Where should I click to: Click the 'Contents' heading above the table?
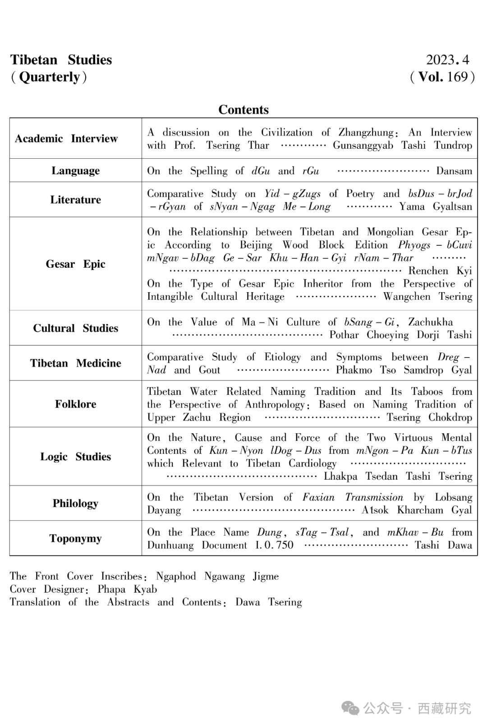pyautogui.click(x=243, y=110)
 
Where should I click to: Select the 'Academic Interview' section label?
pyautogui.click(x=66, y=138)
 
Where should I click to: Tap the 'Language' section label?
pyautogui.click(x=75, y=170)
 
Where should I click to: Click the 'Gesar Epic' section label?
pyautogui.click(x=75, y=264)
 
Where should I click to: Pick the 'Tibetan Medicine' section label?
pyautogui.click(x=75, y=363)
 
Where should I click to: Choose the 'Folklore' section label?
pyautogui.click(x=75, y=404)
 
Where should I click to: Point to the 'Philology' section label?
pyautogui.click(x=75, y=503)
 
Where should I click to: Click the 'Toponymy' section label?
pyautogui.click(x=75, y=538)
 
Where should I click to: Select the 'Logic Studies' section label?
pyautogui.click(x=75, y=457)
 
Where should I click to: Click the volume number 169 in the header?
pyautogui.click(x=457, y=77)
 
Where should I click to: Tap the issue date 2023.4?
pyautogui.click(x=447, y=60)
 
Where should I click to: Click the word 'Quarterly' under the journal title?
pyautogui.click(x=49, y=77)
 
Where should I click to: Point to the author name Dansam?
pyautogui.click(x=454, y=171)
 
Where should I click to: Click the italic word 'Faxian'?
pyautogui.click(x=318, y=497)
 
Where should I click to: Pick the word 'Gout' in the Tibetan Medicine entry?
pyautogui.click(x=210, y=370)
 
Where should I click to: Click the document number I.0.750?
pyautogui.click(x=274, y=545)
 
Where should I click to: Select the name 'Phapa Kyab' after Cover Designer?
pyautogui.click(x=127, y=589)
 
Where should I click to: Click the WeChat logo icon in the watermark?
pyautogui.click(x=350, y=708)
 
